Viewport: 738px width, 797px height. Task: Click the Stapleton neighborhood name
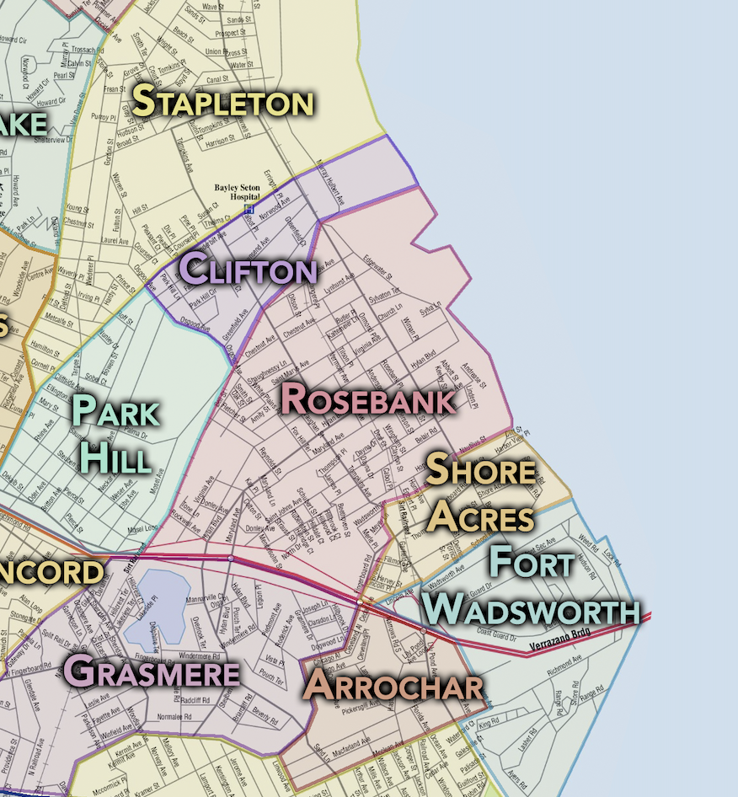(x=223, y=102)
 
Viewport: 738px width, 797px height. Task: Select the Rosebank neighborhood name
(x=368, y=398)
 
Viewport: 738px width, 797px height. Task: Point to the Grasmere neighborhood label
(x=152, y=672)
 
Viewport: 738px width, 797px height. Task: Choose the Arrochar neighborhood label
(x=394, y=686)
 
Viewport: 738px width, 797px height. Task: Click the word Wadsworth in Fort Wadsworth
(x=531, y=609)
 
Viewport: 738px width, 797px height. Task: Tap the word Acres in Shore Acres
(x=479, y=517)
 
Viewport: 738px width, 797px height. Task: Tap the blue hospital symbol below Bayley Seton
(x=249, y=208)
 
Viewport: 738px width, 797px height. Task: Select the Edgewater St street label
(x=377, y=270)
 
